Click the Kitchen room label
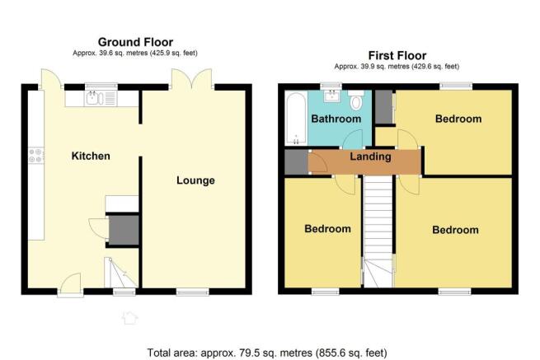[91, 156]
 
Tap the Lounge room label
[195, 180]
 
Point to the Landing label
[370, 157]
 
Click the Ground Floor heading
[135, 42]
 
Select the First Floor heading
[397, 55]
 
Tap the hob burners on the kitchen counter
[35, 155]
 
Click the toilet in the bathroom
[356, 99]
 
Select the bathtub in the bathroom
[296, 119]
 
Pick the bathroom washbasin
[331, 96]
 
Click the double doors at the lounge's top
[192, 79]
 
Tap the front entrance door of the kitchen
[71, 284]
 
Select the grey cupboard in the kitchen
[124, 230]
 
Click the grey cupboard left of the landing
[296, 161]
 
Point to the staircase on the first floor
[378, 231]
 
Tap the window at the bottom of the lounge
[193, 292]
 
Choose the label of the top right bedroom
[458, 119]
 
